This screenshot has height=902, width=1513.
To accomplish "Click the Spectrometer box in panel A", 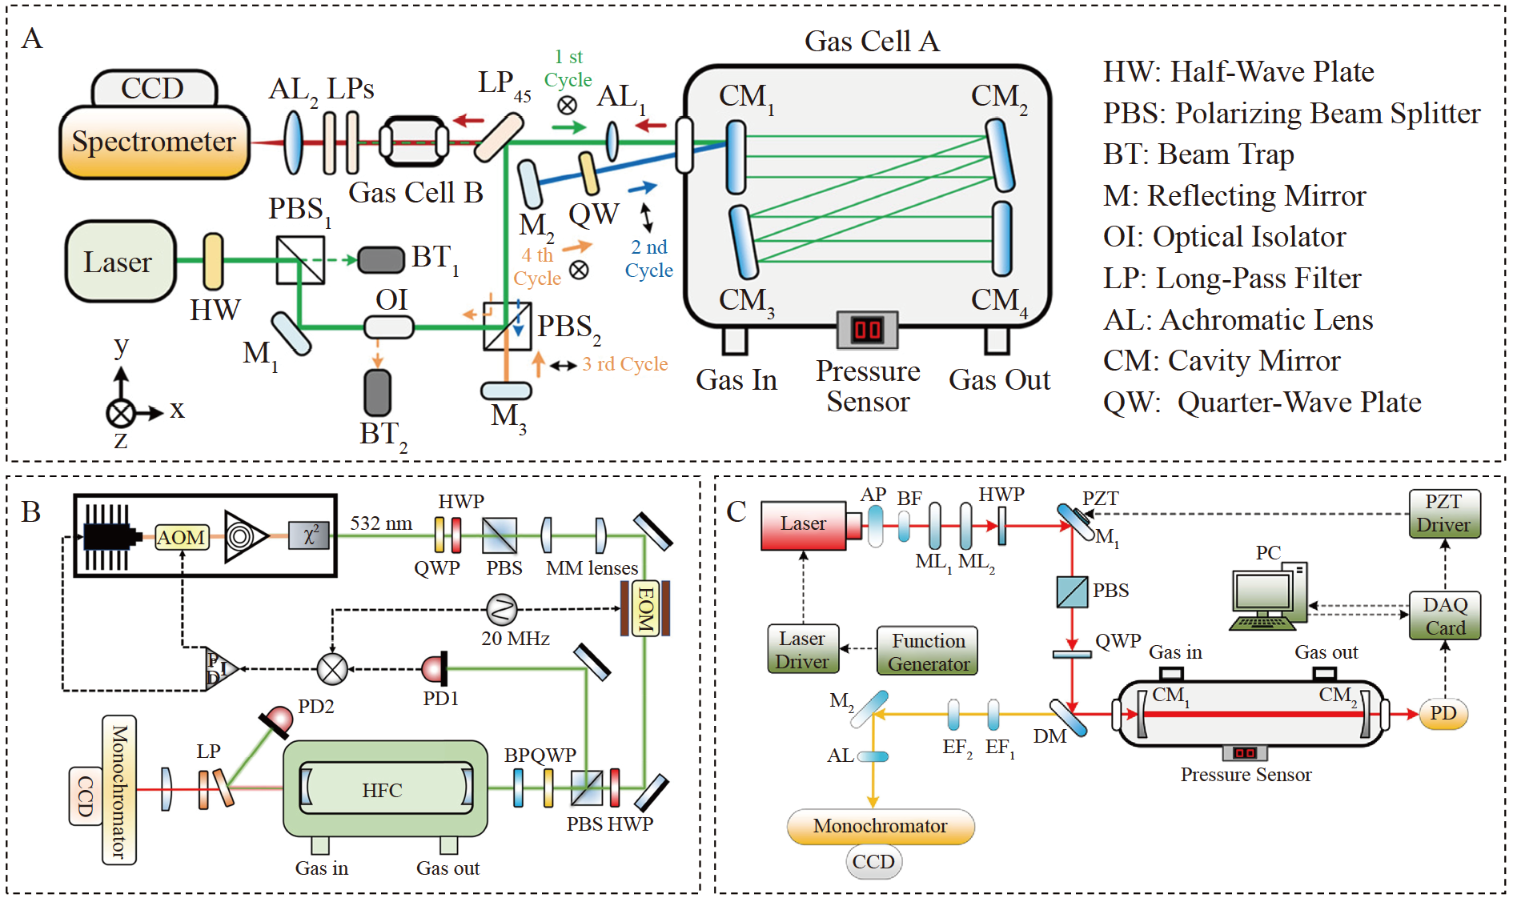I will [154, 142].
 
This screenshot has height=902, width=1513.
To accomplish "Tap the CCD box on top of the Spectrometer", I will [153, 88].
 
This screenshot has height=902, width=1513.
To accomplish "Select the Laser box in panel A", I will [119, 262].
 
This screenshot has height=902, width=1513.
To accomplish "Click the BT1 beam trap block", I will [381, 259].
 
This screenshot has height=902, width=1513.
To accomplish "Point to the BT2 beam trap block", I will [377, 392].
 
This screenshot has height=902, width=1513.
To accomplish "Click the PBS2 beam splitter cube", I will [507, 326].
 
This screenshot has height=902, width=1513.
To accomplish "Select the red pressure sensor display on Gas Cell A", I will [867, 329].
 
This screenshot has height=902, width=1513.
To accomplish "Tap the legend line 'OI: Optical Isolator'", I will [1224, 237].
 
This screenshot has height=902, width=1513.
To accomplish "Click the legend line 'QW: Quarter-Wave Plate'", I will [1262, 402].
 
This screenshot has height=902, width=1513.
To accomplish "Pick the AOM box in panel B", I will [182, 537].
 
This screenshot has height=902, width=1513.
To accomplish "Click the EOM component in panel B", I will [644, 608].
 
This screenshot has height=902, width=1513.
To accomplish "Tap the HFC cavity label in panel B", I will [382, 791].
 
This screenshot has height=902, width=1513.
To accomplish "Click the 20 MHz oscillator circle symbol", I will [502, 610].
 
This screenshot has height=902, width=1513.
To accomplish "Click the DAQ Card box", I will [1444, 615].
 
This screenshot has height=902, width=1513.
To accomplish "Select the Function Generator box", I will [928, 651].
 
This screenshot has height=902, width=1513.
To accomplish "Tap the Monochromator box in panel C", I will [880, 826].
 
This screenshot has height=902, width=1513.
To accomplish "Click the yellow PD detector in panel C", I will [1443, 713].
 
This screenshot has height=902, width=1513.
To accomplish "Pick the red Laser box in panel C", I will [803, 524].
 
